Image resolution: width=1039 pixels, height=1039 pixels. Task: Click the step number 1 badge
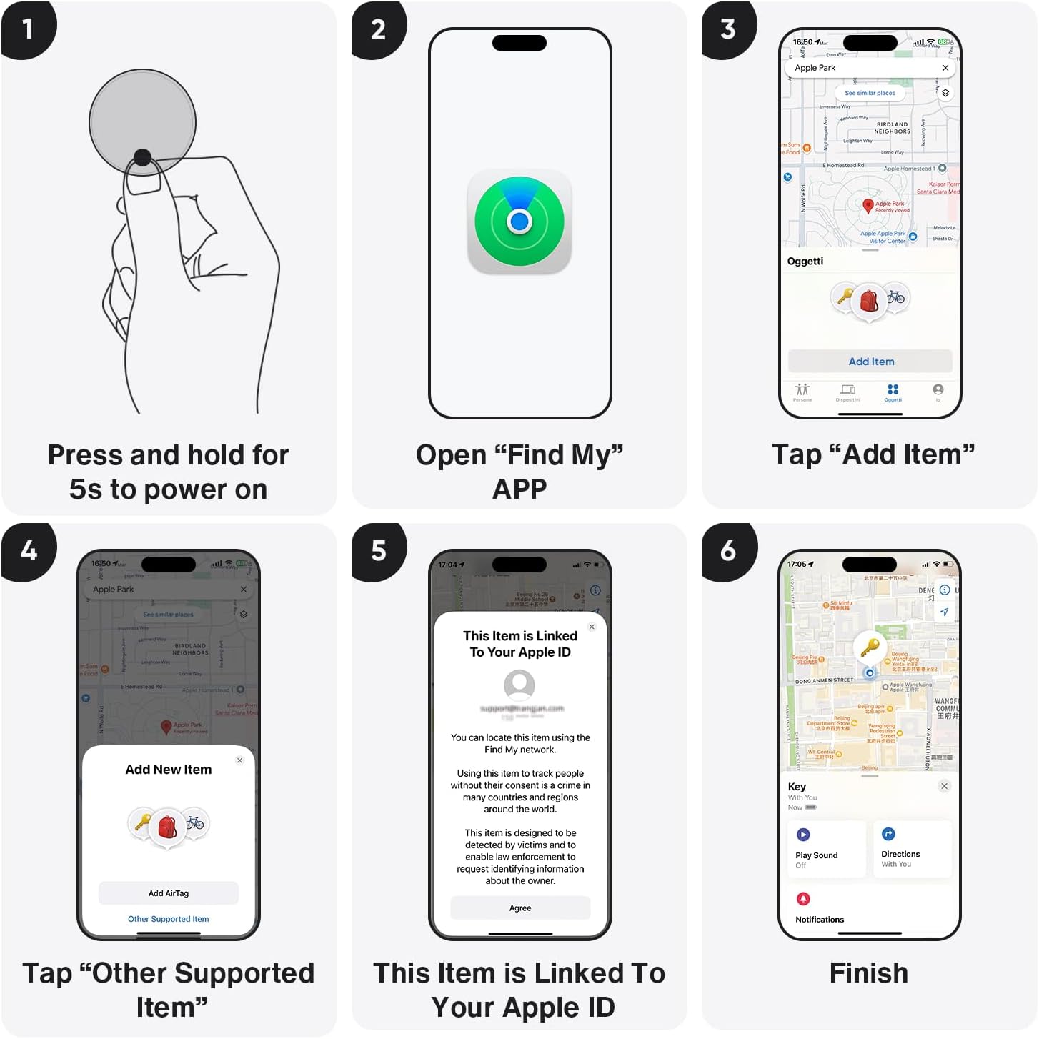[27, 29]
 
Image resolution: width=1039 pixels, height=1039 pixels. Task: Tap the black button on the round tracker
[142, 157]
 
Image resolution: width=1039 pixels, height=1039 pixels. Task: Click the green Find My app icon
[519, 222]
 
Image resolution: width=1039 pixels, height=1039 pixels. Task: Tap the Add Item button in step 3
[870, 362]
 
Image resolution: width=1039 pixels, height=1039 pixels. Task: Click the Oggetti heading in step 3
[805, 262]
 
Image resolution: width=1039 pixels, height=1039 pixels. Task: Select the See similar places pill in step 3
[870, 93]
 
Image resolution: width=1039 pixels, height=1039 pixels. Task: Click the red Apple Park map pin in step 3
[868, 206]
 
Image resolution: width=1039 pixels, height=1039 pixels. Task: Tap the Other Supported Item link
[169, 919]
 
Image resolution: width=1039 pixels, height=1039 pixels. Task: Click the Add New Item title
[169, 770]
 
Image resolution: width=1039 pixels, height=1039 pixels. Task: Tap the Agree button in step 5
[520, 908]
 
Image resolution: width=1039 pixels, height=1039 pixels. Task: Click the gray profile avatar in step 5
[519, 685]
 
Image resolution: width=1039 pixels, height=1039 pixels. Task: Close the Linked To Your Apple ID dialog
[592, 627]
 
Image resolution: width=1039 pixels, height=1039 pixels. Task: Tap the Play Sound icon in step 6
[803, 834]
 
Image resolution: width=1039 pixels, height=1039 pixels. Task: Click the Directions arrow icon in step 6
[888, 834]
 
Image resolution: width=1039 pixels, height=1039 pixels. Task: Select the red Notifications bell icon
[803, 898]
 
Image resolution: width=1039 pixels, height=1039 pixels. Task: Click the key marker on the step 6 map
[870, 647]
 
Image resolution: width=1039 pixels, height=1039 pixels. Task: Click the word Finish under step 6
[869, 973]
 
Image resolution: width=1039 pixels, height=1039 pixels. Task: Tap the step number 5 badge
[379, 551]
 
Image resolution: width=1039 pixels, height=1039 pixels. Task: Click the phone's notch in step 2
[519, 43]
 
